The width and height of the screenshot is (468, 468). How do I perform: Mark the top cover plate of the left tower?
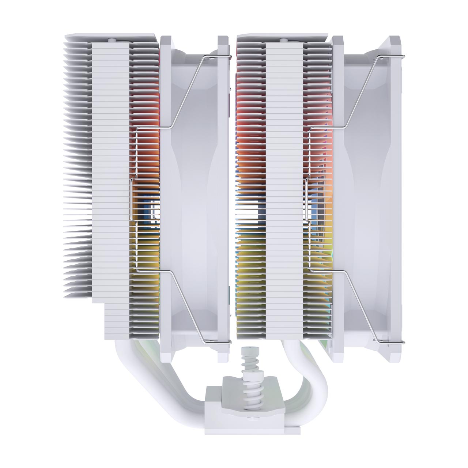(x=110, y=38)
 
